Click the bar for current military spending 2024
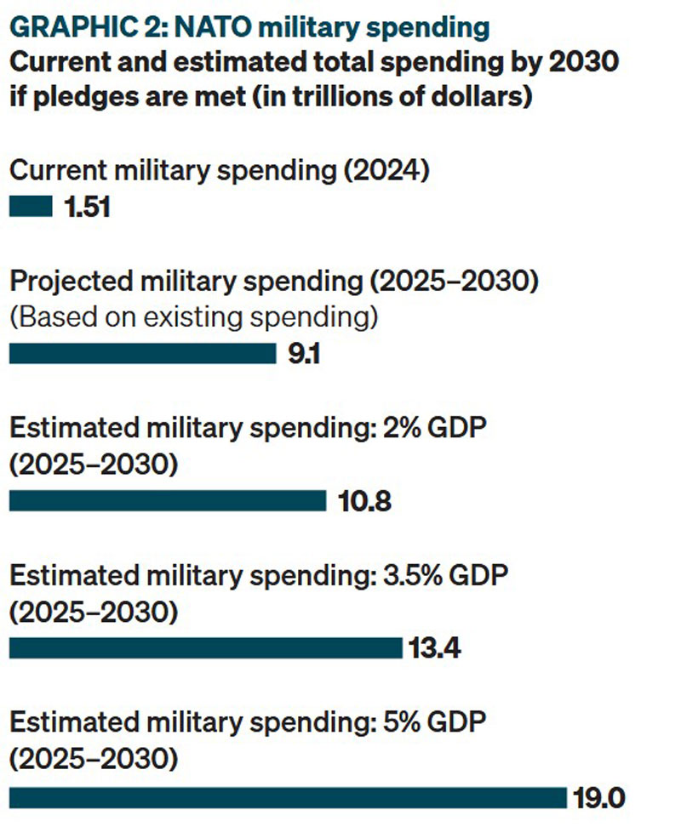tap(30, 206)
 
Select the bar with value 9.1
tap(142, 353)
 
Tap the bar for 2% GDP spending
tap(167, 501)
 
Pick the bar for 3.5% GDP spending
tap(204, 649)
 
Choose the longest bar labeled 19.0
tap(287, 797)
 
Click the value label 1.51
tap(86, 207)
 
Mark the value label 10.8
tap(365, 502)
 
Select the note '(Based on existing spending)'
tap(193, 316)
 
